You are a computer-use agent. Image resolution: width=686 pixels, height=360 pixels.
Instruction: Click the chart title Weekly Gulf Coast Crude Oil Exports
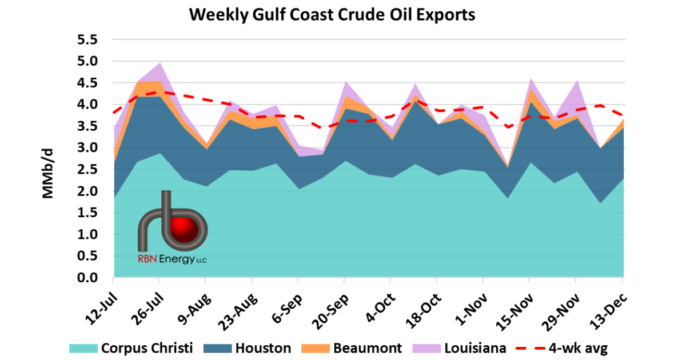tap(332, 14)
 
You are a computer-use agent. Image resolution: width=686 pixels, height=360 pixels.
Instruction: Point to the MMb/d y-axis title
tap(48, 173)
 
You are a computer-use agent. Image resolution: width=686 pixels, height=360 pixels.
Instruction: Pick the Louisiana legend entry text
tap(473, 348)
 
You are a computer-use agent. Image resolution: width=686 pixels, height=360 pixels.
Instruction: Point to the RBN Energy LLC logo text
tap(172, 260)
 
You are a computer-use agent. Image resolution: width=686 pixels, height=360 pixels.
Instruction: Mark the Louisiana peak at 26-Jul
tap(159, 64)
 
